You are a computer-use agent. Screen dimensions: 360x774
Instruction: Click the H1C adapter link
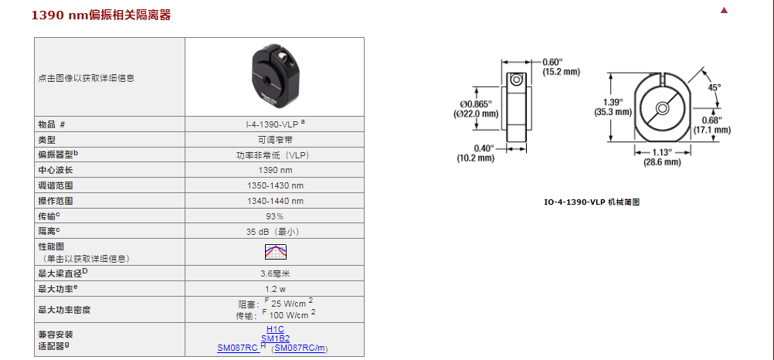coord(276,329)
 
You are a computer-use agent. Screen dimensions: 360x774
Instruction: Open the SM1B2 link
coord(275,338)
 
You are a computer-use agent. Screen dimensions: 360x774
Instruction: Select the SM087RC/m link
coord(301,348)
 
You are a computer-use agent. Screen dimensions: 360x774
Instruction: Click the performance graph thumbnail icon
coord(276,252)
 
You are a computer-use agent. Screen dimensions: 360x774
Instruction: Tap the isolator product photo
coord(275,77)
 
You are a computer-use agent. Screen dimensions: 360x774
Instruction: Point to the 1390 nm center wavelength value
coord(276,170)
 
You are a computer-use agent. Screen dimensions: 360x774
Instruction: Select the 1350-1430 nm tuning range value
coord(276,185)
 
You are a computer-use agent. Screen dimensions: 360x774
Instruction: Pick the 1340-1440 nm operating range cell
coord(276,201)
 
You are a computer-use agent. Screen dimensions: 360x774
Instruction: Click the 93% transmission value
coord(275,216)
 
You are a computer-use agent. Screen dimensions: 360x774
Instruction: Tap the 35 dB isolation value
coord(276,232)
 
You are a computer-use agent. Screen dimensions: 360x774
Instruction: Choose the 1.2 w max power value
coord(276,288)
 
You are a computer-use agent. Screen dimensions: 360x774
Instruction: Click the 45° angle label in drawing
coord(715,87)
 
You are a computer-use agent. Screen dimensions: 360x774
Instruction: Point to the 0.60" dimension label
coord(552,62)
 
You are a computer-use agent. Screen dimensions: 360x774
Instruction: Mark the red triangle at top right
coord(745,11)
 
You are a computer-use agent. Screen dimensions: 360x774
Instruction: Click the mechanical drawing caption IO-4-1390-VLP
coord(592,202)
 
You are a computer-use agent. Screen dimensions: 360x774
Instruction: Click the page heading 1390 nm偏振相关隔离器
coord(101,15)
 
